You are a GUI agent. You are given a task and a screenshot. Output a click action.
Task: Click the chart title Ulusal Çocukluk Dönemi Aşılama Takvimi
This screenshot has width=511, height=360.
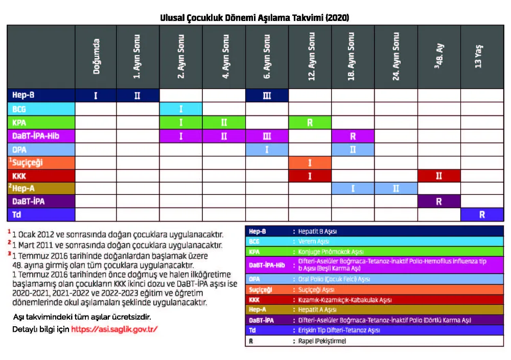tap(255, 17)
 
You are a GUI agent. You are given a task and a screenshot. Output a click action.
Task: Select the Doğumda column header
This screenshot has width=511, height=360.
tap(96, 57)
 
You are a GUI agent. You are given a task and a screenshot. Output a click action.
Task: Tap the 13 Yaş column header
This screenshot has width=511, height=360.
tap(481, 57)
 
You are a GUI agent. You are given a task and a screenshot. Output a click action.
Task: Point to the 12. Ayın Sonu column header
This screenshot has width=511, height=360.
tap(310, 57)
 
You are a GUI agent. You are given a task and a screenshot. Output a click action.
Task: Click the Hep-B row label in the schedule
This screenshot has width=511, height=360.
tap(24, 95)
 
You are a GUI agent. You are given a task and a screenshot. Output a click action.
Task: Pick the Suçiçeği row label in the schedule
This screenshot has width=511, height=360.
tap(28, 163)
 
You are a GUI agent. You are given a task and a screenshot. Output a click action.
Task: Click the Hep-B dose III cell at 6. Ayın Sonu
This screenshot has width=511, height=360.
tap(267, 95)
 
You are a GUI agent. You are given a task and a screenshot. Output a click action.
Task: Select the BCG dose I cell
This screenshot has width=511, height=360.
tap(181, 109)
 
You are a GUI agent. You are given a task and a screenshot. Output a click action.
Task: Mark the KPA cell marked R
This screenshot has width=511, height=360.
tap(310, 123)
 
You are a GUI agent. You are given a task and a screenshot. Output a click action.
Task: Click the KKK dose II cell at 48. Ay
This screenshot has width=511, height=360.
tap(439, 176)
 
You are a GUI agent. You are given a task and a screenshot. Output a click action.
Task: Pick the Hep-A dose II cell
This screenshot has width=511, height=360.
tap(396, 188)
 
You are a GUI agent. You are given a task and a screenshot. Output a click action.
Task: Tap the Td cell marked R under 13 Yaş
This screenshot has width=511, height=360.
tap(481, 215)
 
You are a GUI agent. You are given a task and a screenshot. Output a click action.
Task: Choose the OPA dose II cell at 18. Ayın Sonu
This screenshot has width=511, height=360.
tap(353, 150)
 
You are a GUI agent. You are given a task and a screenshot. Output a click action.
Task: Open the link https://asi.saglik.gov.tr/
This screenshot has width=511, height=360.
tap(114, 329)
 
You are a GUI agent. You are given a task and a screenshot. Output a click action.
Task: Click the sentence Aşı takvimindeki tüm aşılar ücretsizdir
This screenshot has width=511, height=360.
tap(82, 317)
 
